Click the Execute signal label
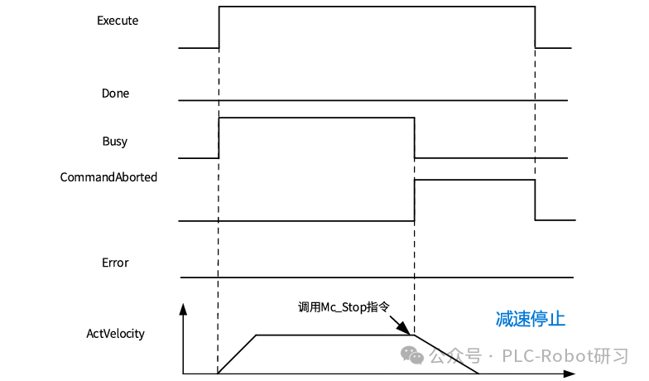pyautogui.click(x=118, y=21)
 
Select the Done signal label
pyautogui.click(x=115, y=94)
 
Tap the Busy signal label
pyautogui.click(x=115, y=141)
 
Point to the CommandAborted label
pyautogui.click(x=108, y=176)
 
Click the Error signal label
pyautogui.click(x=115, y=263)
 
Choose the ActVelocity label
pyautogui.click(x=116, y=334)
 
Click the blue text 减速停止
pyautogui.click(x=530, y=319)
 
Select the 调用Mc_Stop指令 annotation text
pyautogui.click(x=344, y=306)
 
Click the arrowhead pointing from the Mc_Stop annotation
pyautogui.click(x=409, y=329)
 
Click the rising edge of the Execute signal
pyautogui.click(x=219, y=27)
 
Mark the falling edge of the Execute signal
pyautogui.click(x=536, y=27)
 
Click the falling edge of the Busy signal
pyautogui.click(x=414, y=137)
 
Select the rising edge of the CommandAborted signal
pyautogui.click(x=414, y=200)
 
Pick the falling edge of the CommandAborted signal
pyautogui.click(x=536, y=200)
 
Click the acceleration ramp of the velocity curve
pyautogui.click(x=238, y=354)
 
